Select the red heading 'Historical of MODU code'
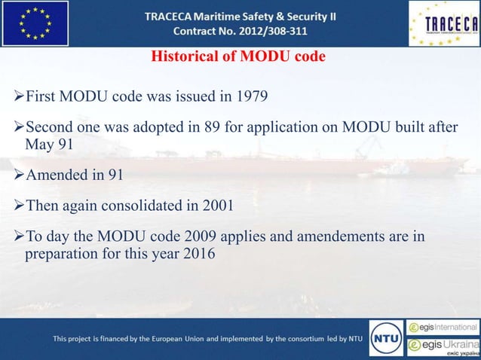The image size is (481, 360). pos(238,57)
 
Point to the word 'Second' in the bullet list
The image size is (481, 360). pos(50,127)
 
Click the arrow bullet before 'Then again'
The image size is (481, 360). pos(19,206)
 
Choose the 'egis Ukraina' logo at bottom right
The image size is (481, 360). pos(443,346)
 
